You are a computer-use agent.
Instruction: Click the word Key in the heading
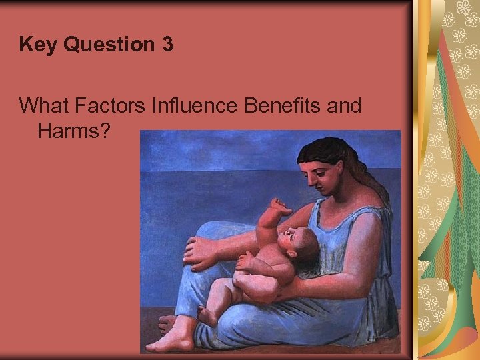pos(35,45)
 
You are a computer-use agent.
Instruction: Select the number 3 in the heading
pos(167,45)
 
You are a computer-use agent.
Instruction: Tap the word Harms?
pos(73,131)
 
